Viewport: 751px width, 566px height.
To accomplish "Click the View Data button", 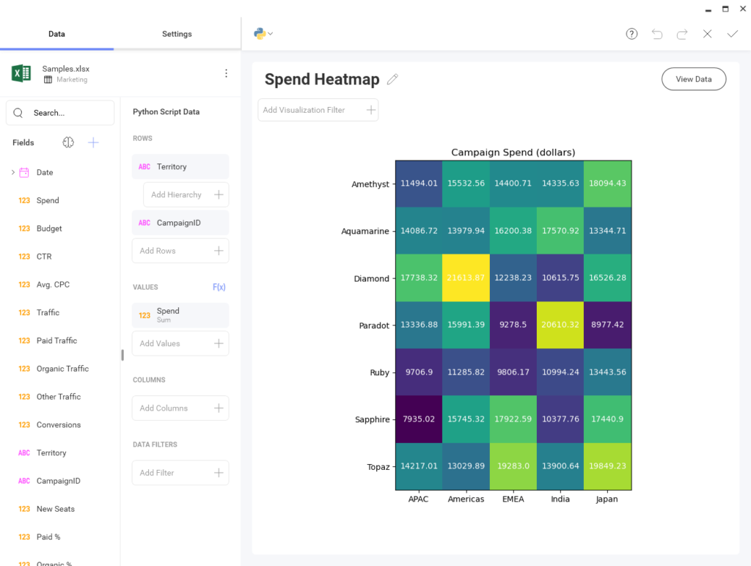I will click(693, 79).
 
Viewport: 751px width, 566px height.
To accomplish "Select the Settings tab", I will click(177, 34).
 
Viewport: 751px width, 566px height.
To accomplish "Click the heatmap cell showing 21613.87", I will click(466, 278).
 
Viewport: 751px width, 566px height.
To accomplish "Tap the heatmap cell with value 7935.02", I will click(419, 419).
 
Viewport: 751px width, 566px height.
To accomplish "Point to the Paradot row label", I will click(373, 326).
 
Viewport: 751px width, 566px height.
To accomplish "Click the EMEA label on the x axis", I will click(513, 499).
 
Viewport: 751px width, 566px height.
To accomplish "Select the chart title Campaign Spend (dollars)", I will click(513, 152).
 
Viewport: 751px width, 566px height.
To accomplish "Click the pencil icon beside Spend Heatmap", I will click(392, 79).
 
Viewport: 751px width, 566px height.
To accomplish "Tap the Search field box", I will click(60, 113).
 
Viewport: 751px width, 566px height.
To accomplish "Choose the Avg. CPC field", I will click(53, 284).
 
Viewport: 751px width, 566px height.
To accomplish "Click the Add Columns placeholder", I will click(180, 408).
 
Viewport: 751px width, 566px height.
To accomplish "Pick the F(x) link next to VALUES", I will click(219, 287).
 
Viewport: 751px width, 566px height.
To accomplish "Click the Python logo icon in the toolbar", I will click(260, 33).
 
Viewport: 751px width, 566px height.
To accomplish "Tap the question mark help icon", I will click(631, 34).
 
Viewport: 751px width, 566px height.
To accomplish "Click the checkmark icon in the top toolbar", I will click(732, 34).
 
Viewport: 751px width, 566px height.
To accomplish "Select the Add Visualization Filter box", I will click(318, 110).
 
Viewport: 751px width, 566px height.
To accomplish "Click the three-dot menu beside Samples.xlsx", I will click(226, 73).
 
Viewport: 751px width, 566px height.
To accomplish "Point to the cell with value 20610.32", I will click(560, 325).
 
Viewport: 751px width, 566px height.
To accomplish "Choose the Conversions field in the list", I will click(59, 425).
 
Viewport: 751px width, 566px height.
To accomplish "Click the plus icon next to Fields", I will click(93, 143).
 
